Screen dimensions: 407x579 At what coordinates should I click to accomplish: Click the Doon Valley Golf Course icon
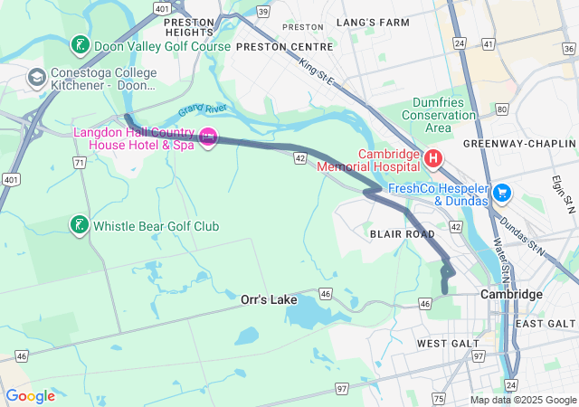pos(80,44)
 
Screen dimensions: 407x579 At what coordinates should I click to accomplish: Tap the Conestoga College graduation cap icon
pos(38,78)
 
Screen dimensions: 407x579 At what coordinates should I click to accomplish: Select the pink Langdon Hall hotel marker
pos(208,137)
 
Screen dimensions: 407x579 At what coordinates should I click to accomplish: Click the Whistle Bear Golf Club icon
pos(80,225)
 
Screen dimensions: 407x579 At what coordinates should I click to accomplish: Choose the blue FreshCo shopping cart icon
pos(502,193)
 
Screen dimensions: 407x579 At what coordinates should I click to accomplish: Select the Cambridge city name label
pos(511,295)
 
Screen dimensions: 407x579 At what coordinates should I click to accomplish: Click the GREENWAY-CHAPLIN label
pos(519,144)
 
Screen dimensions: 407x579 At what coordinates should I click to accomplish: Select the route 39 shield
pos(262,11)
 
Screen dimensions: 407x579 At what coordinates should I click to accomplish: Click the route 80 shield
pos(501,110)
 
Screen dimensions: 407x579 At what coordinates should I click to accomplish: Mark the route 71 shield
pos(80,163)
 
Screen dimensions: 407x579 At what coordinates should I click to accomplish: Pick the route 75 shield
pos(439,398)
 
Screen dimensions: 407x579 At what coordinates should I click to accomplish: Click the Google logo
pos(30,396)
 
